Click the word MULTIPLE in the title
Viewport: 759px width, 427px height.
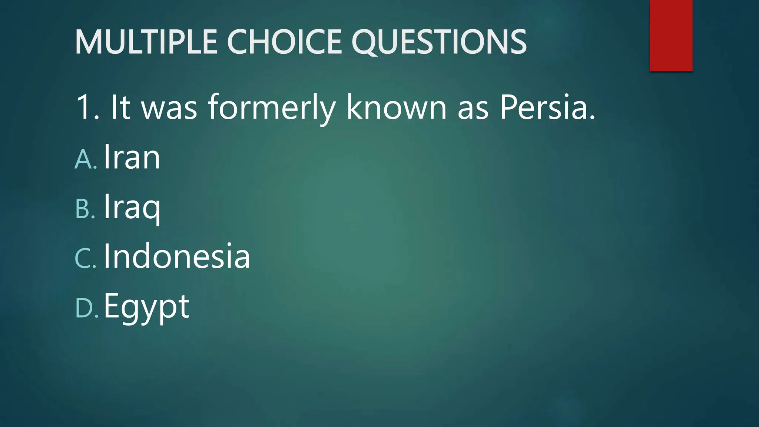146,42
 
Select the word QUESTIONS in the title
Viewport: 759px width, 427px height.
439,42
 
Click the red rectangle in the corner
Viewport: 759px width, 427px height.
671,36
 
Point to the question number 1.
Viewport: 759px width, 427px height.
83,107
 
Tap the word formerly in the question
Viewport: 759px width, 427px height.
271,107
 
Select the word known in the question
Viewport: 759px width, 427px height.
397,107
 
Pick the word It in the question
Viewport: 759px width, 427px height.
120,107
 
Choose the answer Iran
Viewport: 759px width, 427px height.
132,158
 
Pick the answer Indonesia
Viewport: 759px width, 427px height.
176,256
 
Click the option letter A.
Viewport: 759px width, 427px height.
84,159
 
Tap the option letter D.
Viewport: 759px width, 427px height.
84,308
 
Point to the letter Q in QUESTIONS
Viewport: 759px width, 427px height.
365,42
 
